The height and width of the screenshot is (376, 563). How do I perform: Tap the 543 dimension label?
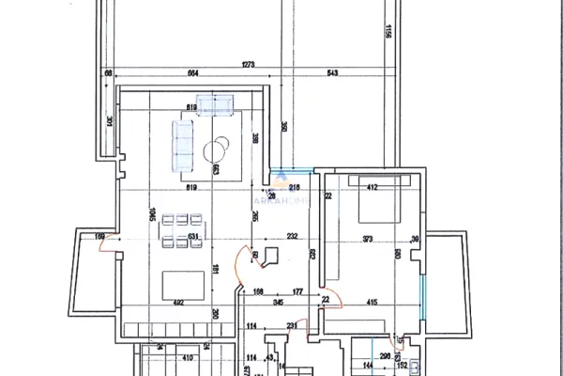(333, 74)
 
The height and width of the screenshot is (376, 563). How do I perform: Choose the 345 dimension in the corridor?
(278, 301)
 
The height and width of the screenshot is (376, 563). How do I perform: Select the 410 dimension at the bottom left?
(186, 357)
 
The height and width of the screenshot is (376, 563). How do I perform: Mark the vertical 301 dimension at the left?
(110, 119)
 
